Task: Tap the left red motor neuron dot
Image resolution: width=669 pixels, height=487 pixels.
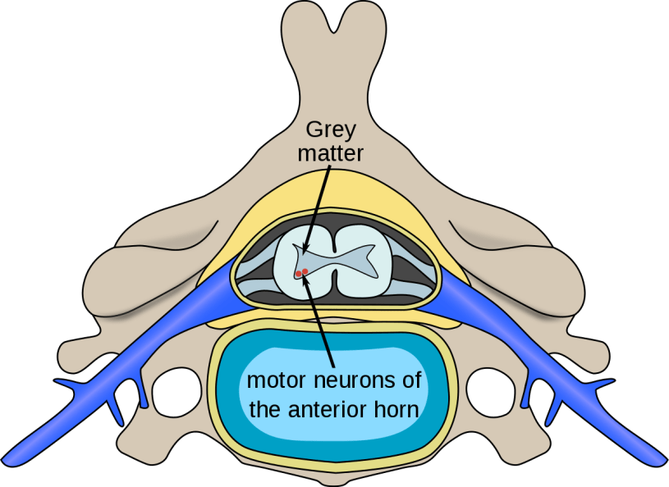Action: point(298,272)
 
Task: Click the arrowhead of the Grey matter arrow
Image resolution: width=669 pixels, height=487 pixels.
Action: point(303,249)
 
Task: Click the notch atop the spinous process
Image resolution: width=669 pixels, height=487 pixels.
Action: point(334,18)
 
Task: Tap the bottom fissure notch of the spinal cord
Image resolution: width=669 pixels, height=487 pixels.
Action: point(334,292)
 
